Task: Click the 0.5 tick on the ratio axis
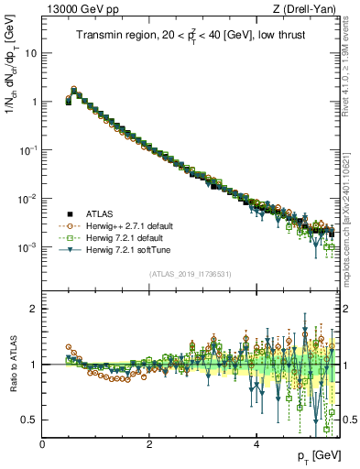30,420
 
